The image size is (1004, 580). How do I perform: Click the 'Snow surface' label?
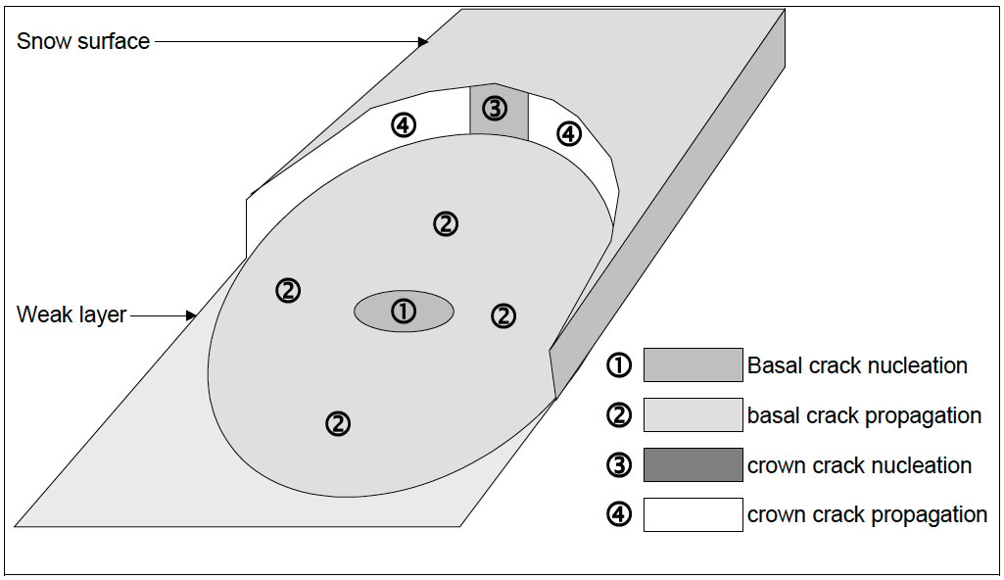[x=83, y=41]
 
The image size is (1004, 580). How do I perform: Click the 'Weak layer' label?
[x=72, y=315]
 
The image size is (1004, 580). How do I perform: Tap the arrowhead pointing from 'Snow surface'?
[x=423, y=41]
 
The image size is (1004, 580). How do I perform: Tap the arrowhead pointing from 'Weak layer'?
[x=192, y=315]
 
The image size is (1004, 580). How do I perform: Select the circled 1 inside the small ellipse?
[x=404, y=312]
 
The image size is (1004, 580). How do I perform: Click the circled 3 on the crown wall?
[x=496, y=109]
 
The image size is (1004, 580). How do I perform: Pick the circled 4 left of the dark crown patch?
[x=404, y=124]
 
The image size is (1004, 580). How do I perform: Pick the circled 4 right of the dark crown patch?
[x=569, y=133]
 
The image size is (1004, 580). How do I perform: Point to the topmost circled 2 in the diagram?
[x=446, y=224]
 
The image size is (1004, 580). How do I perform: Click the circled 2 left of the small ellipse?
[x=288, y=291]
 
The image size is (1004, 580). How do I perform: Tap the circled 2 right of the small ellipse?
[x=502, y=315]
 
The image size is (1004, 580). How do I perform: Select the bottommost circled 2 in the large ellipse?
[x=337, y=423]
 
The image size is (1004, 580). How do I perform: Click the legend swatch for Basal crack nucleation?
[x=693, y=365]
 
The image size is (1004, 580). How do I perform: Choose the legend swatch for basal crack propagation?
[x=693, y=415]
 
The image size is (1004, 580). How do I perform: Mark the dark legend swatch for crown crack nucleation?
[x=693, y=465]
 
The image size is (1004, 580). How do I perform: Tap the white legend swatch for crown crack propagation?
[x=693, y=514]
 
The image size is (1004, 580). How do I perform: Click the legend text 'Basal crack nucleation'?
[x=857, y=365]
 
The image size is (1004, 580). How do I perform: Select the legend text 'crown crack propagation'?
[x=867, y=514]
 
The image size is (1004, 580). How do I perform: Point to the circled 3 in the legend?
[x=619, y=465]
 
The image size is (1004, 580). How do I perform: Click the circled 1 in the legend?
[x=619, y=365]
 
